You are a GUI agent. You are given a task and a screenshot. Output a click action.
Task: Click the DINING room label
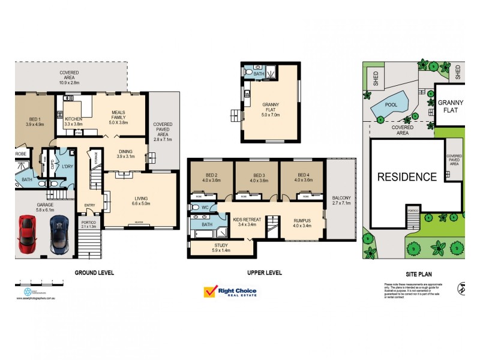pyautogui.click(x=126, y=154)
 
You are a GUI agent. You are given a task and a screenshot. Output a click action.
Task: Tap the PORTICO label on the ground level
pyautogui.click(x=89, y=224)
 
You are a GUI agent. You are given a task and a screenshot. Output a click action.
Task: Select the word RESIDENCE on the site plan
pyautogui.click(x=406, y=177)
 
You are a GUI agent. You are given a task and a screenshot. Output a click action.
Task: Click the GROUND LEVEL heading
pyautogui.click(x=94, y=273)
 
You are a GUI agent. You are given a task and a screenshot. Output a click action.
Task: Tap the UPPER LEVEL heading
pyautogui.click(x=264, y=273)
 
